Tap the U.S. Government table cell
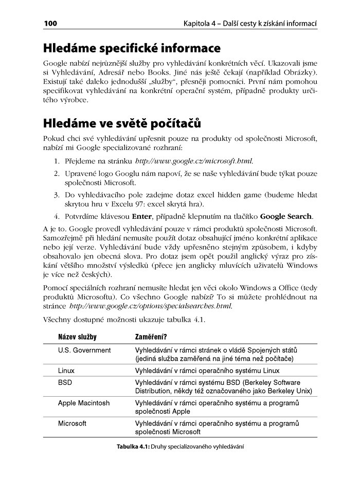[84, 350]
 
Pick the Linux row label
[67, 370]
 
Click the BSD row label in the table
[65, 383]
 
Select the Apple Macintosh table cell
[83, 403]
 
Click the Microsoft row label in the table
[72, 423]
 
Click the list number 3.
[57, 195]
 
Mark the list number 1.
[57, 161]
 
